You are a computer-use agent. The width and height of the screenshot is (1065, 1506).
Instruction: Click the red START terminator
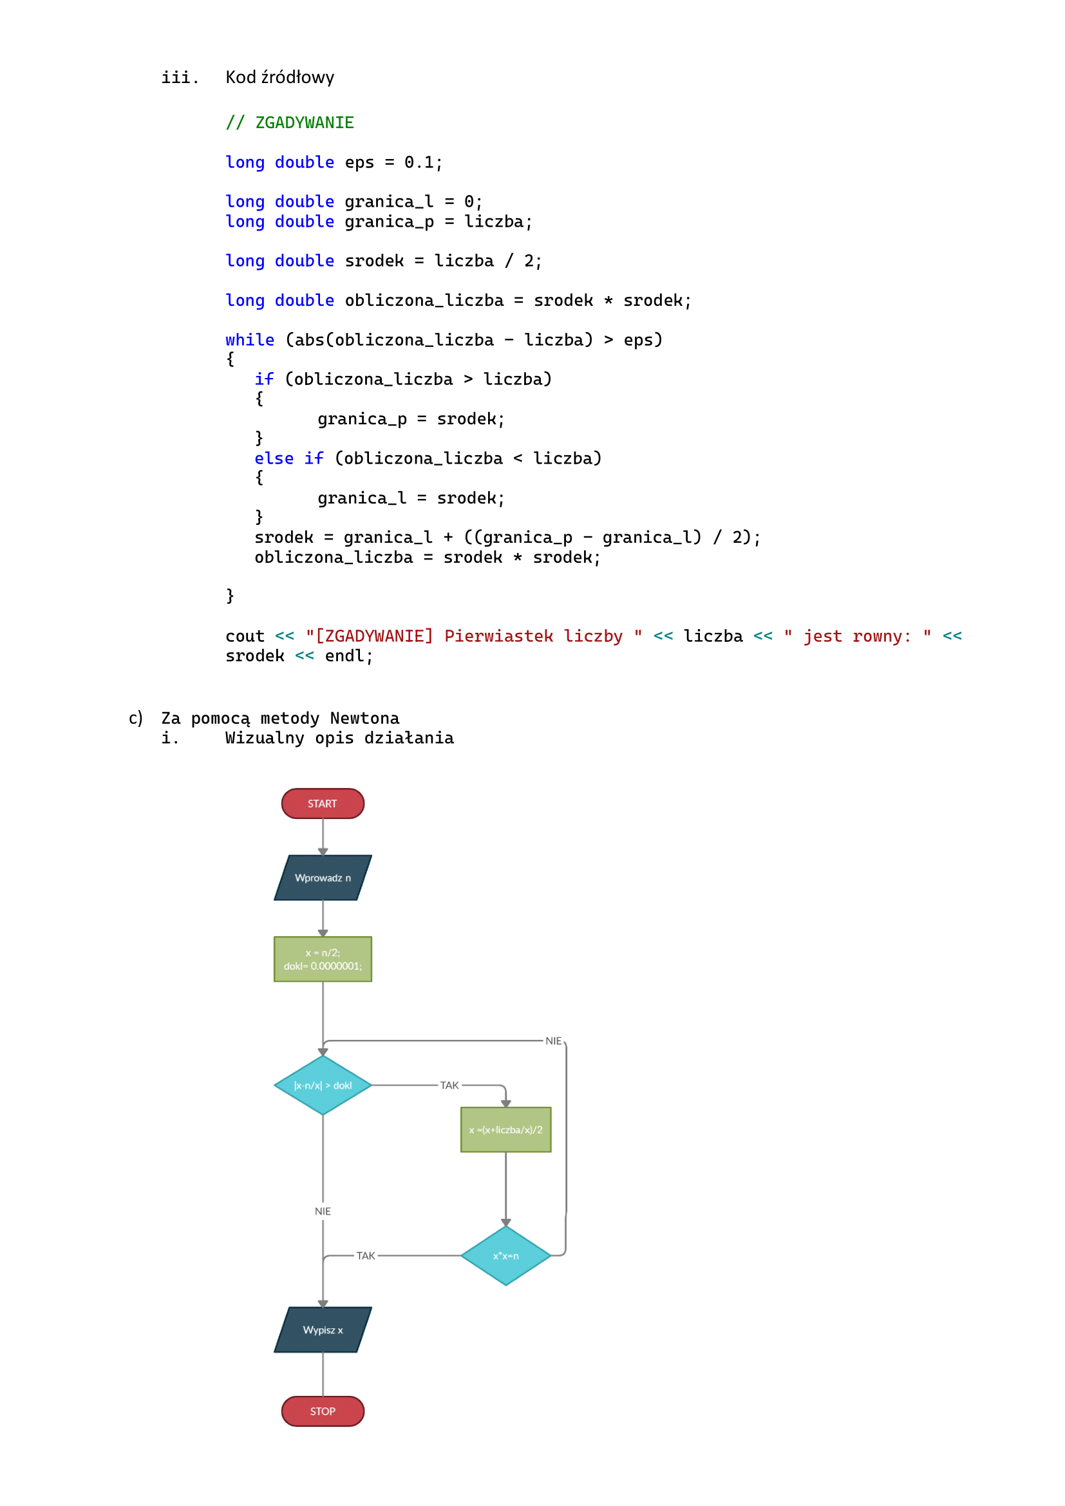323,804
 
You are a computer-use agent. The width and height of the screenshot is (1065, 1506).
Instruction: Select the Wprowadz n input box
323,878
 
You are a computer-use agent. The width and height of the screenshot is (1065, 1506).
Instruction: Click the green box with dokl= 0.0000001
323,959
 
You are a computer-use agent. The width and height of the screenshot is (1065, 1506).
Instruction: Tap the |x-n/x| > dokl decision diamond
323,1086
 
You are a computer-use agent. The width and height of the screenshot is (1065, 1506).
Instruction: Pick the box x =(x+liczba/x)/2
505,1129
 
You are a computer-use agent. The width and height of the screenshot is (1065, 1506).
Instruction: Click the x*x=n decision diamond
505,1256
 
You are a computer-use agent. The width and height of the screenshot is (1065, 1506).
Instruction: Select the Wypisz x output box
323,1330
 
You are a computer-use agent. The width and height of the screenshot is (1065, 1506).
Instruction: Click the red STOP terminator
323,1411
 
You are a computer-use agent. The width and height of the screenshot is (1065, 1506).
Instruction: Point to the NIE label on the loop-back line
554,1041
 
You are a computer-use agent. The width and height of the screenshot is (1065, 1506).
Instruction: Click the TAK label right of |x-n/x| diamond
449,1086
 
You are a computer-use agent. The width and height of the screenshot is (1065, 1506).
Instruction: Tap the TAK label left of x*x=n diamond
365,1256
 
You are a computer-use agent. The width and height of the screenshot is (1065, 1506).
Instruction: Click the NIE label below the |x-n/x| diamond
323,1211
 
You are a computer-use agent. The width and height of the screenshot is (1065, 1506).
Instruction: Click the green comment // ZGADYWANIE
290,123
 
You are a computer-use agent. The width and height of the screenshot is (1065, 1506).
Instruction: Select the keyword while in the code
250,340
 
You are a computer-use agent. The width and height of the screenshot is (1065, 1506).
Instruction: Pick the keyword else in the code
274,458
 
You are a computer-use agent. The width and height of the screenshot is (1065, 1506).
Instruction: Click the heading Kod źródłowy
280,77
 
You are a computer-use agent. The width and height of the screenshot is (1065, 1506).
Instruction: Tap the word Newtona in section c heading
364,719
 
